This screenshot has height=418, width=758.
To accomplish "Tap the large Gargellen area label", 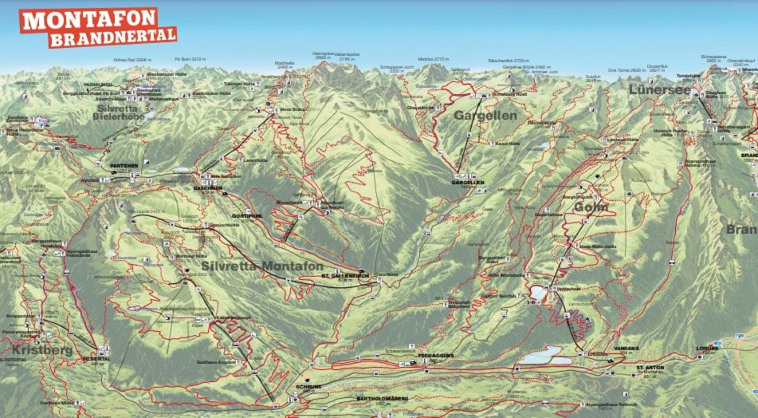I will [x=485, y=116].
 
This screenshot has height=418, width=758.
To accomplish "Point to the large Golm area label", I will [x=591, y=207].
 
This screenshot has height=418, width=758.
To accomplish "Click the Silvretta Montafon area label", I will [x=262, y=266].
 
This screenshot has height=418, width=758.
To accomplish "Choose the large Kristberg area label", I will [x=42, y=350].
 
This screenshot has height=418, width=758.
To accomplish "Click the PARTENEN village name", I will [x=124, y=166].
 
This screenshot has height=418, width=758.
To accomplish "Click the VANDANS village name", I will [x=628, y=349].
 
